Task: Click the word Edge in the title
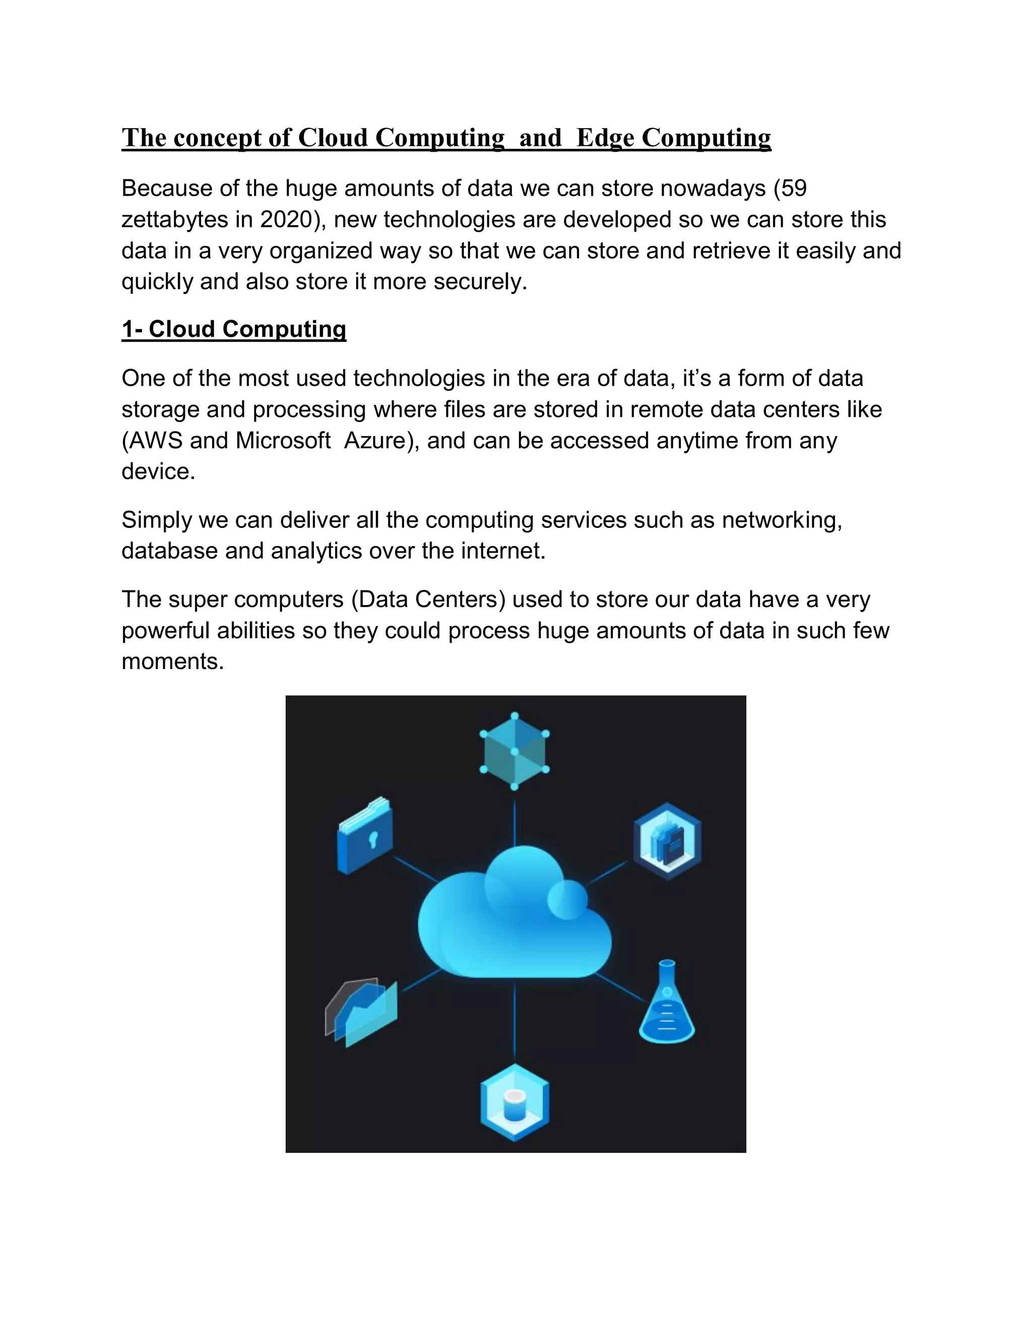[x=605, y=138]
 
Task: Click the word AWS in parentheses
[x=155, y=441]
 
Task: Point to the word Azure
[x=378, y=441]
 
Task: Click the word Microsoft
[x=283, y=441]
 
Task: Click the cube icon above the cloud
[x=514, y=751]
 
